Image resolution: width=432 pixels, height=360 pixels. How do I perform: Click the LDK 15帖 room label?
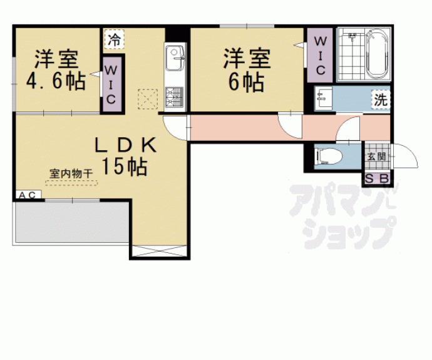(x=125, y=155)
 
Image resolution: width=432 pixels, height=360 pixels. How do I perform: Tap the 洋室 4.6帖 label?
(x=55, y=71)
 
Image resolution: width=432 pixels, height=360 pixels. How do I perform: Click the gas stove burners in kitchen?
(x=173, y=95)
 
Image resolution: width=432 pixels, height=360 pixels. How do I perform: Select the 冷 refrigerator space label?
(x=115, y=40)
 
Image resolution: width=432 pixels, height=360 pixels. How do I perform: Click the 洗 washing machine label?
(x=379, y=100)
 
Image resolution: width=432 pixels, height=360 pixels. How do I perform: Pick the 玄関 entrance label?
(x=376, y=156)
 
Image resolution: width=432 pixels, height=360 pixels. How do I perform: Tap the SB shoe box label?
(x=377, y=179)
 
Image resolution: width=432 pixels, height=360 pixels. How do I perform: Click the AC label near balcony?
(x=28, y=195)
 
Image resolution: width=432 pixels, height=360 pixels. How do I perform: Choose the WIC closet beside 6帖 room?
(x=319, y=54)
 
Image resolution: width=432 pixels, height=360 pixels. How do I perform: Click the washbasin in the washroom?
(x=324, y=99)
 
